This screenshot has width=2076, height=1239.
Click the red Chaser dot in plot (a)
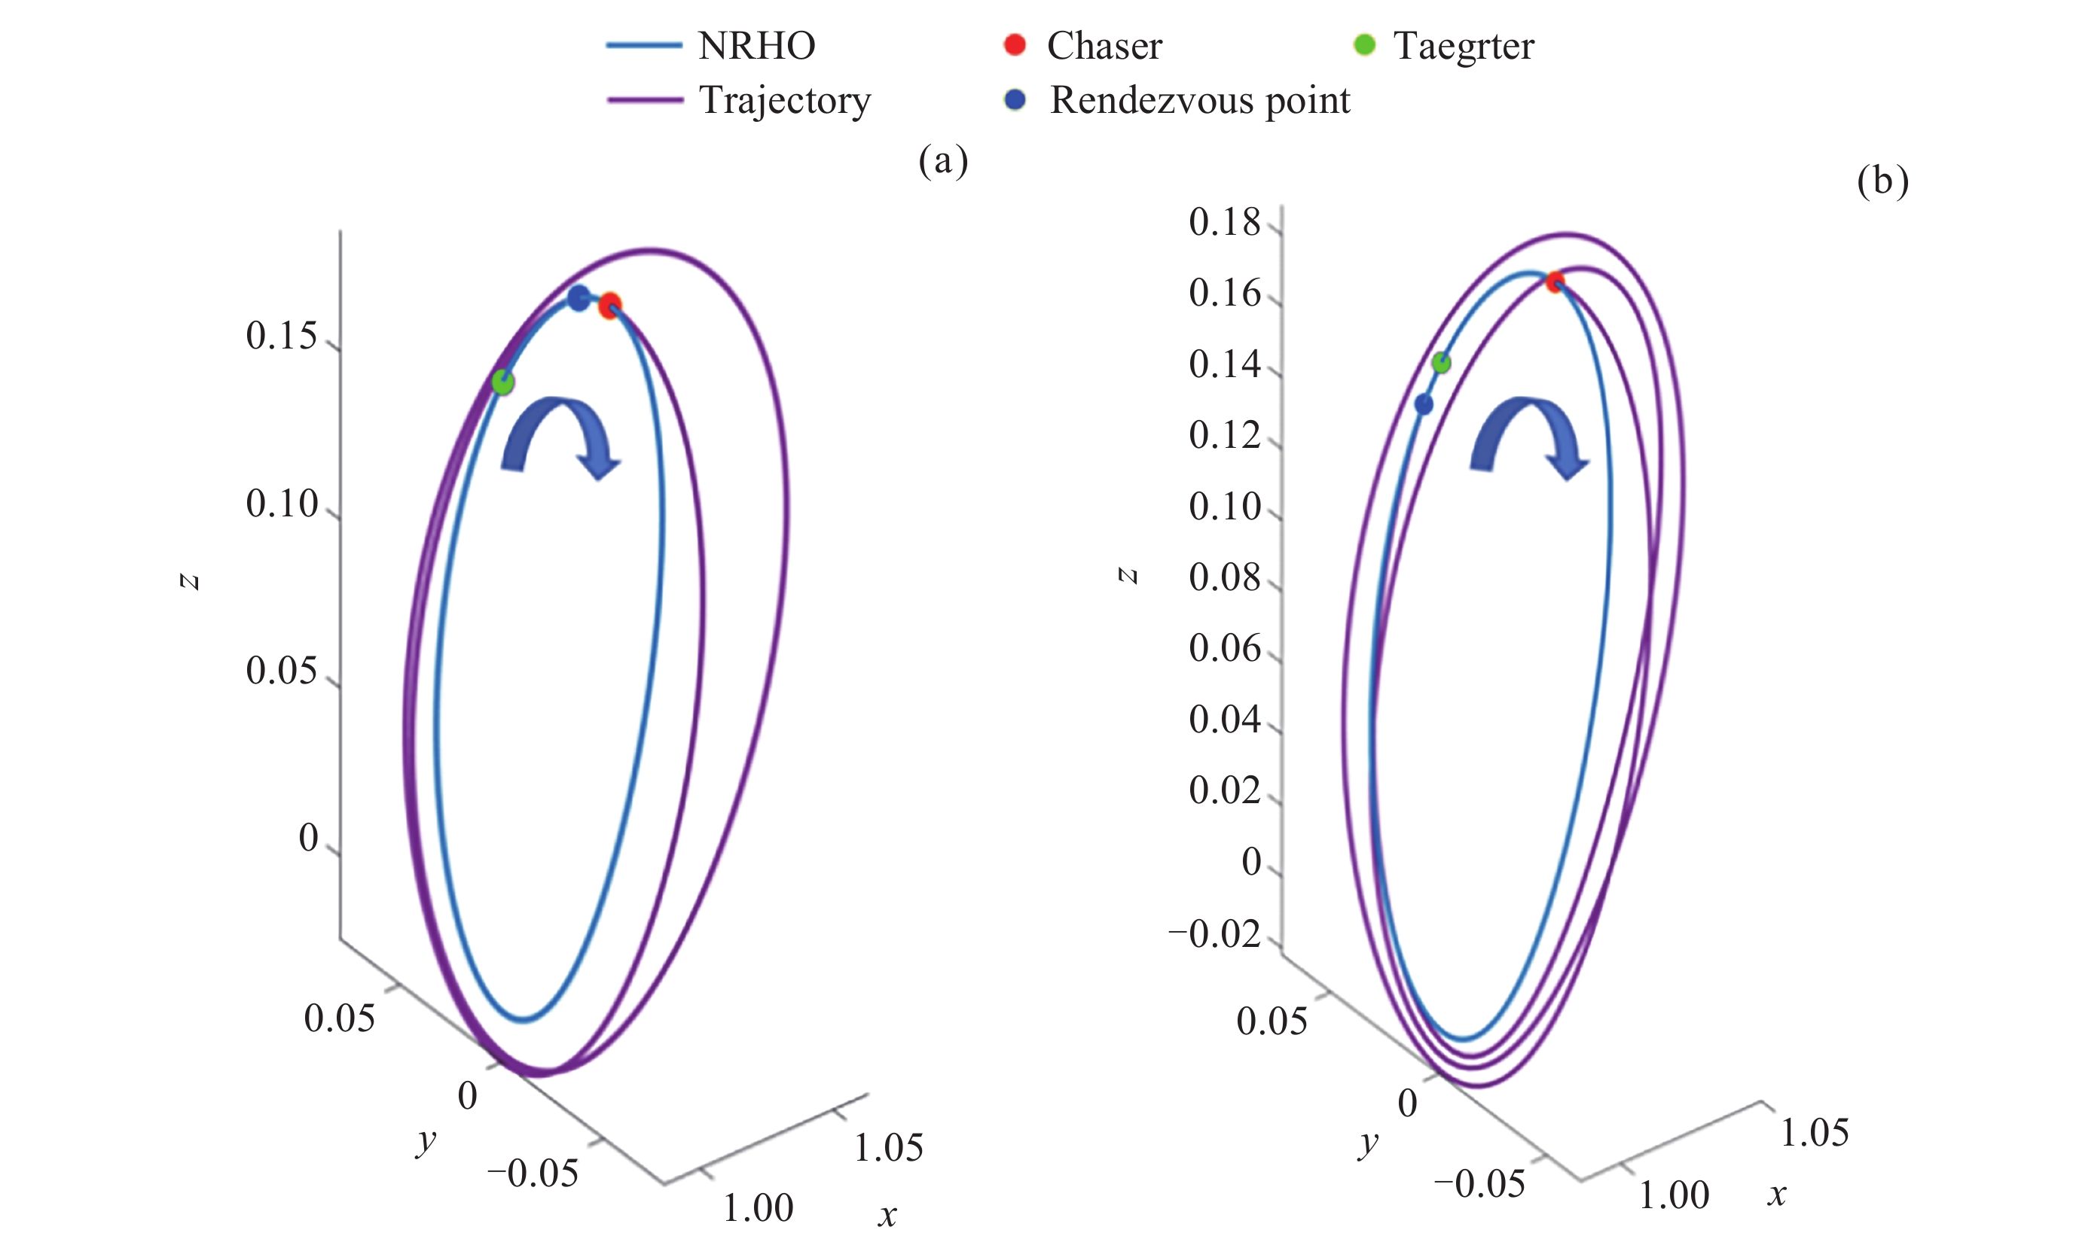coord(610,306)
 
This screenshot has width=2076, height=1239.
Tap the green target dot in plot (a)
coord(502,382)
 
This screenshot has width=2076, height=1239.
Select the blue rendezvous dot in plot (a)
coord(578,298)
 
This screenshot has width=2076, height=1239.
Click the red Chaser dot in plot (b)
coord(1555,282)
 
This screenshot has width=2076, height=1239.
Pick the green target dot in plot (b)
coord(1441,362)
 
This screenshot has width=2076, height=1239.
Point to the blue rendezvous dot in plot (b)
coord(1424,405)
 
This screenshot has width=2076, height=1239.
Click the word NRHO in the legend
coord(756,46)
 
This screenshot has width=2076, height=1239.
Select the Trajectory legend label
coord(784,100)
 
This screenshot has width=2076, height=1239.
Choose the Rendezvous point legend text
coord(1198,100)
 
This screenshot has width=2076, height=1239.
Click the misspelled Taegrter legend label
coord(1463,46)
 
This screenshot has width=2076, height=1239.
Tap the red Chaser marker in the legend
coord(1014,45)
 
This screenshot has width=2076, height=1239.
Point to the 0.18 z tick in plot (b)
coord(1224,222)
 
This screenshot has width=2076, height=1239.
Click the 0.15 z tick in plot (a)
coord(282,336)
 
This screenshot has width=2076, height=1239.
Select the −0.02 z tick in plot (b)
coord(1214,933)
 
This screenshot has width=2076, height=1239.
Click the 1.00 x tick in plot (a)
coord(758,1207)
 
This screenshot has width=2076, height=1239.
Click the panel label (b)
coord(1882,181)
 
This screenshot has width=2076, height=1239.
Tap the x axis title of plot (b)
coord(1777,1195)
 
